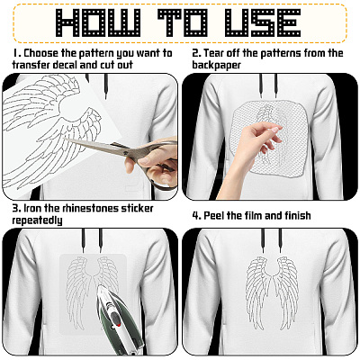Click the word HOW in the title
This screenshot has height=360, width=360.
click(98, 22)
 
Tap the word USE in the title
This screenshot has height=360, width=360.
click(263, 22)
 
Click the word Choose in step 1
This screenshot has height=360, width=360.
click(41, 53)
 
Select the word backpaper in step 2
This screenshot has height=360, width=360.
click(216, 65)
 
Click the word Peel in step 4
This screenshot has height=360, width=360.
click(214, 215)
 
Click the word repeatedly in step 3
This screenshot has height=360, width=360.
click(37, 220)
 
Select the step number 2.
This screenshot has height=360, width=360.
click(196, 53)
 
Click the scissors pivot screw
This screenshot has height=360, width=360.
click(125, 152)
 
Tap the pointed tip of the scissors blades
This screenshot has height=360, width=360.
click(64, 139)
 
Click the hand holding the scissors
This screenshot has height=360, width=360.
click(151, 160)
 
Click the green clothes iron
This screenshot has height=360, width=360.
click(118, 318)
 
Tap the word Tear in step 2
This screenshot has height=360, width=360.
click(214, 53)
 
